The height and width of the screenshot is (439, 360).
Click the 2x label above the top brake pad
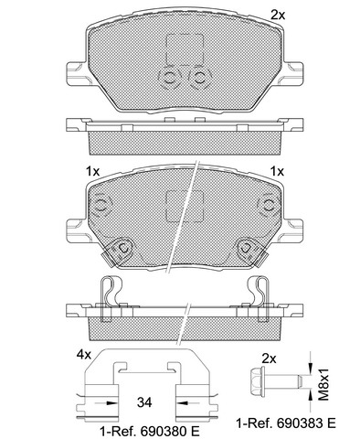[x=278, y=15]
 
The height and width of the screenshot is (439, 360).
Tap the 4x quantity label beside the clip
[x=83, y=354]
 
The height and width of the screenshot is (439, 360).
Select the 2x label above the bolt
[x=269, y=359]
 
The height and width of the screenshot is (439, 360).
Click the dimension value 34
[x=144, y=402]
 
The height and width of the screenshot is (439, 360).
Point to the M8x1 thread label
[x=324, y=384]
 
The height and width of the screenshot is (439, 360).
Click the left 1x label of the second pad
[x=92, y=172]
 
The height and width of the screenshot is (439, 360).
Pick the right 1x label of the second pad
[x=277, y=172]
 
